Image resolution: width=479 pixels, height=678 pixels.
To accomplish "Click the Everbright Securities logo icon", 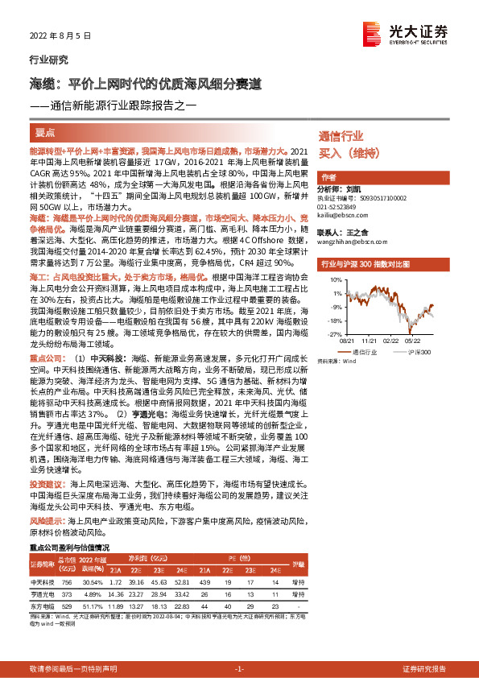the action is pyautogui.click(x=372, y=31).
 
